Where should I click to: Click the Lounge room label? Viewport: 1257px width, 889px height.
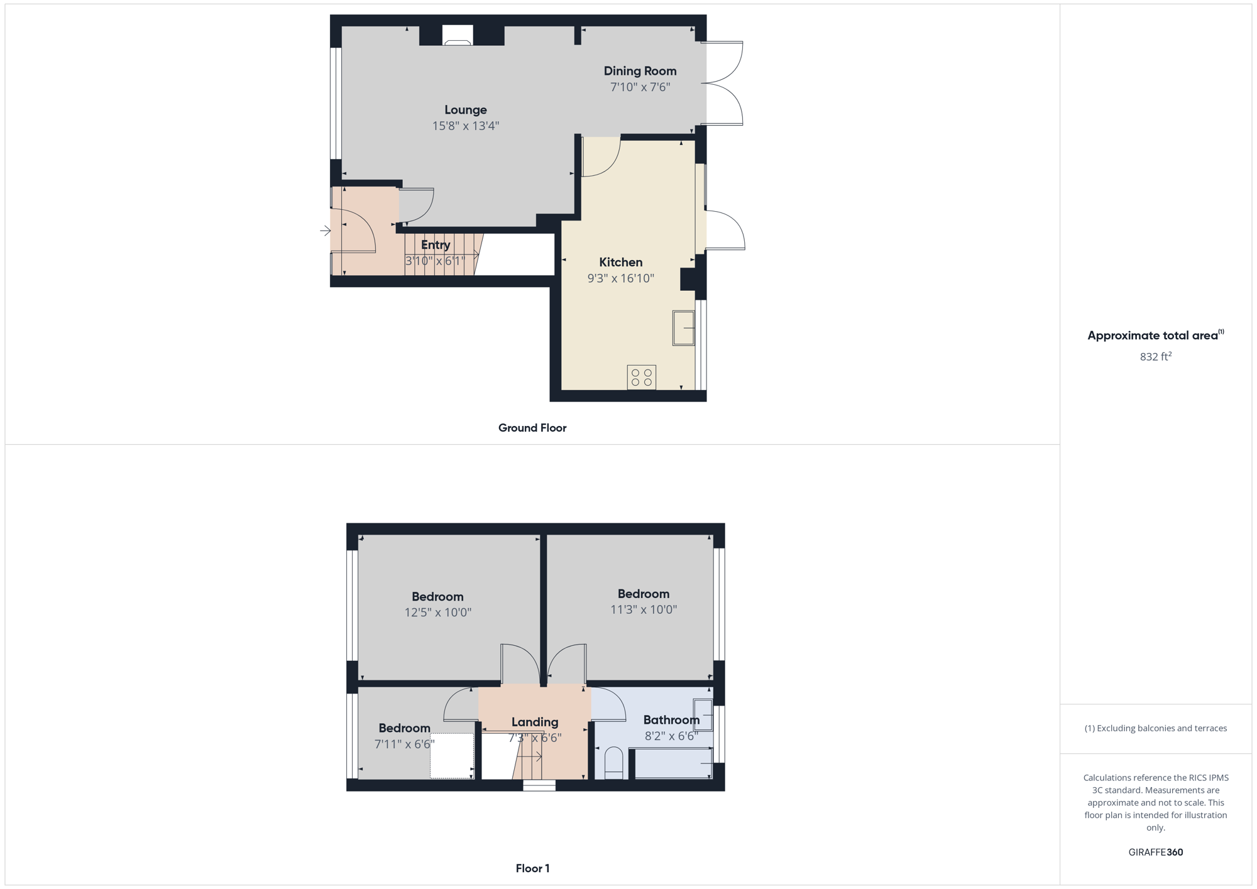[466, 110]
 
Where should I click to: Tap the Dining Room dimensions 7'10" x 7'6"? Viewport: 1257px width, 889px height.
[640, 87]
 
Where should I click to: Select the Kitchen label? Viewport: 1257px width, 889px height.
[621, 263]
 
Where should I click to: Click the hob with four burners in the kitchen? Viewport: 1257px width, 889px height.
[642, 378]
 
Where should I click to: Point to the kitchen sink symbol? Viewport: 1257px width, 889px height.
[684, 328]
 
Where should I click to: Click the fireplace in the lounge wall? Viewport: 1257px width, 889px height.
[458, 35]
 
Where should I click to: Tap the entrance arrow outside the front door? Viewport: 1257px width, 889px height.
[325, 231]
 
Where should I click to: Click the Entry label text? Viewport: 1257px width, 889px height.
[436, 245]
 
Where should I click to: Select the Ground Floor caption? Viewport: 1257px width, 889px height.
[532, 428]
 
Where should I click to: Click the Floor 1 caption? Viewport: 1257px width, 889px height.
[532, 868]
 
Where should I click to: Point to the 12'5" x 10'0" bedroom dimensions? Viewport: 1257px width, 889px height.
[437, 613]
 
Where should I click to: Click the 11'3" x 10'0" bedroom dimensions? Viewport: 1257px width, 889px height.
[644, 609]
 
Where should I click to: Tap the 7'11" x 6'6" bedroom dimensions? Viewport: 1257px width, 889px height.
[404, 744]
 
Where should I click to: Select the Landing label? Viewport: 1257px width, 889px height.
[535, 723]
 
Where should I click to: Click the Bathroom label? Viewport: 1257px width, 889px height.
[671, 720]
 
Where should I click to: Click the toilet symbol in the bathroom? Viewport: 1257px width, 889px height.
[613, 763]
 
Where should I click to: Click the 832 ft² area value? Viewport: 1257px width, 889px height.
[1156, 356]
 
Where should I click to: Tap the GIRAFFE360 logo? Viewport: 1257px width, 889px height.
[1156, 853]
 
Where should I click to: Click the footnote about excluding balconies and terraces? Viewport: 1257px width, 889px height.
[1156, 728]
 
